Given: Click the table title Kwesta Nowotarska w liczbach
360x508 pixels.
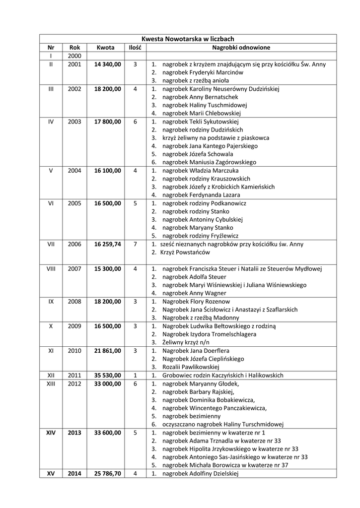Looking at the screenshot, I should click(x=188, y=39).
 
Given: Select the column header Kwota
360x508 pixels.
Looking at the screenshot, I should click(x=105, y=48).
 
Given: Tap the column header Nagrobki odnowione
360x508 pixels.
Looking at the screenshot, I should click(x=241, y=48).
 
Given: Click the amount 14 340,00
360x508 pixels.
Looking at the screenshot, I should click(x=107, y=64).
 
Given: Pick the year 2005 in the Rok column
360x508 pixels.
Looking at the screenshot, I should click(x=74, y=203).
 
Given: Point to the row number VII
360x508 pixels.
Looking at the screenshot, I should click(x=51, y=244).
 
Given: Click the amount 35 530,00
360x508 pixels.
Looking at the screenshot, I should click(x=107, y=376).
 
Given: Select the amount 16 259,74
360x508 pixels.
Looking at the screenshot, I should click(x=107, y=244).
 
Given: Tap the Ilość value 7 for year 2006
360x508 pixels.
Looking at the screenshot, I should click(x=135, y=244).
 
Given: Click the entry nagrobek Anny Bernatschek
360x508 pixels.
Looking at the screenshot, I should click(x=197, y=97).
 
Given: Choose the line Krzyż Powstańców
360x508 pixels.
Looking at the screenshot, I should click(x=182, y=253).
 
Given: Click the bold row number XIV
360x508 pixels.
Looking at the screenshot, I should click(x=51, y=433).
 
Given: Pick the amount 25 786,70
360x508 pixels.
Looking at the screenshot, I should click(x=107, y=474).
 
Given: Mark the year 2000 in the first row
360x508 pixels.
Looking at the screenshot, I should click(x=74, y=56).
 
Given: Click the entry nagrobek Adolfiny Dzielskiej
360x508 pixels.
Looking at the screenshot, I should click(x=201, y=474).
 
